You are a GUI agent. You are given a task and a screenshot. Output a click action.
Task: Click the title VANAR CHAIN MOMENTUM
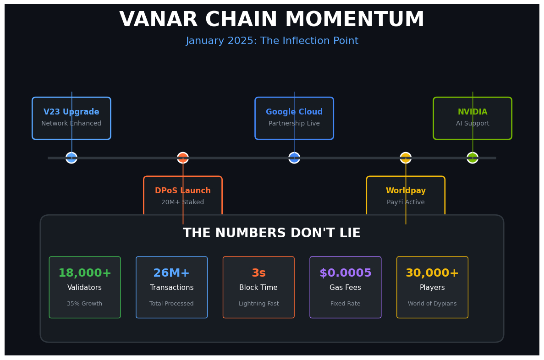click(272, 20)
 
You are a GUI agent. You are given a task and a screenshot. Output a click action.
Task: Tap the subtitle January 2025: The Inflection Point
click(272, 41)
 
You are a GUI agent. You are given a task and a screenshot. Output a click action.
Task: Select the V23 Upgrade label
click(71, 112)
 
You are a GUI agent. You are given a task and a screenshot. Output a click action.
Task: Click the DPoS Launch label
click(183, 191)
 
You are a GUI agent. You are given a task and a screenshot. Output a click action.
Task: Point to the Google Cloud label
click(294, 112)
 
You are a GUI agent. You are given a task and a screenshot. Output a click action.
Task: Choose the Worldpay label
click(406, 191)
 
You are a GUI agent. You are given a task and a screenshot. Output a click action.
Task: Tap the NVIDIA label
click(473, 112)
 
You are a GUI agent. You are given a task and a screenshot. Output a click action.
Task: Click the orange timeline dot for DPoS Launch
click(183, 158)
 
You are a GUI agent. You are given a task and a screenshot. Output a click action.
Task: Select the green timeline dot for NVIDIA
click(473, 158)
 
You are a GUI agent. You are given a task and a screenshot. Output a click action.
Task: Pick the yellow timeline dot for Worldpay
click(406, 158)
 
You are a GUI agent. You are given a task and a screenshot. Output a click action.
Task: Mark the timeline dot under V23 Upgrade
click(71, 158)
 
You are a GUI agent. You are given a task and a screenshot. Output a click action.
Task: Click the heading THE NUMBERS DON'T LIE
click(272, 234)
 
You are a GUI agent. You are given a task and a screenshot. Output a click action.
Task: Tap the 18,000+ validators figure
click(85, 273)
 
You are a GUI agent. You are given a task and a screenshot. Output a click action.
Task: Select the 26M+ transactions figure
click(171, 273)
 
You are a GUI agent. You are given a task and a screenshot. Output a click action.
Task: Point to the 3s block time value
click(258, 273)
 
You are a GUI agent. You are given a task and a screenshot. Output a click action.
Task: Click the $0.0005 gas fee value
click(346, 273)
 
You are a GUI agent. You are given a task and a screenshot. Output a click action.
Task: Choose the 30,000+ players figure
click(432, 273)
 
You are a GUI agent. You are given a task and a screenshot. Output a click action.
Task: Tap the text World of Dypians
click(432, 304)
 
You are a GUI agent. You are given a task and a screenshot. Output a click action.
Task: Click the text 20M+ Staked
click(183, 202)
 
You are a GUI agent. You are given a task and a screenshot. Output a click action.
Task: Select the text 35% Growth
click(85, 304)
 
